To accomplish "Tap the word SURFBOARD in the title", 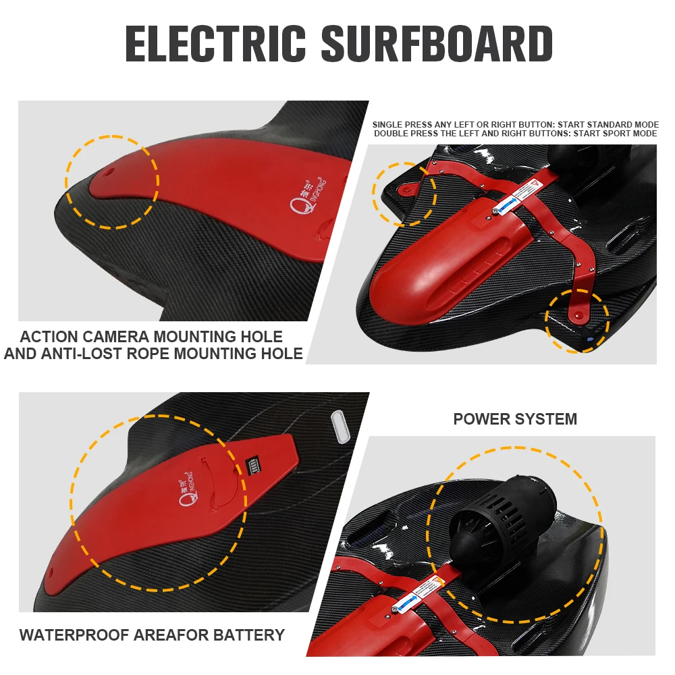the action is point(437,44).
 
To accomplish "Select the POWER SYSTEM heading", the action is point(515,419).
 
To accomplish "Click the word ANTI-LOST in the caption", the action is point(92,353).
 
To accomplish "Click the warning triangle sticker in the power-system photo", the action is point(443,580).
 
